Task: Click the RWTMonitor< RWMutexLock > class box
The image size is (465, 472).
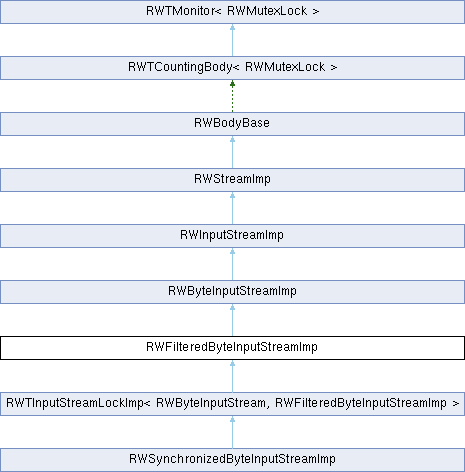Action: coord(232,12)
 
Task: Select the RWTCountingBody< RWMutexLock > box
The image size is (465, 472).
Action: coord(232,68)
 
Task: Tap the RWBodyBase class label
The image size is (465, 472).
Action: coord(232,123)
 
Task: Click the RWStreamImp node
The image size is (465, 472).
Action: coord(232,180)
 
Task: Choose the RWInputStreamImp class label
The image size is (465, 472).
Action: coord(232,235)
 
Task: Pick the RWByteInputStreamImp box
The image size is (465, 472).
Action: coord(232,292)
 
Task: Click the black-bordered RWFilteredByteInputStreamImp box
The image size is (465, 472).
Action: coord(232,348)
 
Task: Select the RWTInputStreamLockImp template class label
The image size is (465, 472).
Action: coord(233,403)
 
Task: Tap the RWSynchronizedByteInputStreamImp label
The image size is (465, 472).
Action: coord(232,459)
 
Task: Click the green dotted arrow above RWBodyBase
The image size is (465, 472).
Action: coord(232,96)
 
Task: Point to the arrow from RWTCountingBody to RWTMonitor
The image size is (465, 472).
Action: coord(232,40)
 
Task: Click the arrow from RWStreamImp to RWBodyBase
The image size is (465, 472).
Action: coord(232,152)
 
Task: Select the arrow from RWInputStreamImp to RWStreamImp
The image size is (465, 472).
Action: coord(232,208)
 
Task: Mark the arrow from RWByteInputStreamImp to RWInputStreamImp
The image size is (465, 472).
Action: coord(232,264)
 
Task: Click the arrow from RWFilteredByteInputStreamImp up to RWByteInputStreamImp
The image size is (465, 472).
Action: coord(232,320)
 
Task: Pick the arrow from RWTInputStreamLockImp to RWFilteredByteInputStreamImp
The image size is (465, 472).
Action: coord(232,376)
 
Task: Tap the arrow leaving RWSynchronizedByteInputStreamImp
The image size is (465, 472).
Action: coord(232,432)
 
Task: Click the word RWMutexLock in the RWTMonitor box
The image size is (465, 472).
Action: coord(267,11)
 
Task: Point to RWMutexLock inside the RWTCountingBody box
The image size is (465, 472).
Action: coord(285,67)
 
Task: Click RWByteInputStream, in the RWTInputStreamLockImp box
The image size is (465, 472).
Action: coord(211,403)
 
